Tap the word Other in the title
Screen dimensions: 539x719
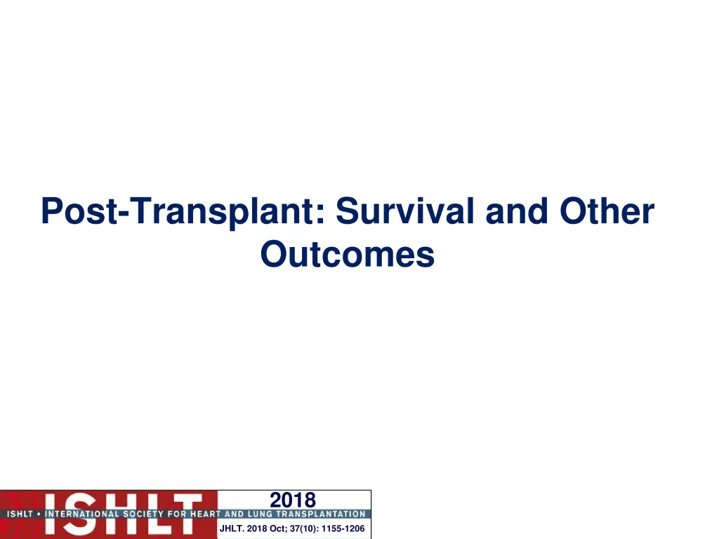click(x=607, y=211)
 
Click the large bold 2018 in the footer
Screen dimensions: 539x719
click(x=293, y=500)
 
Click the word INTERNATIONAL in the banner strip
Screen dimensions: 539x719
click(x=78, y=514)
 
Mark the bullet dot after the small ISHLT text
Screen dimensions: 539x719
click(x=39, y=514)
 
